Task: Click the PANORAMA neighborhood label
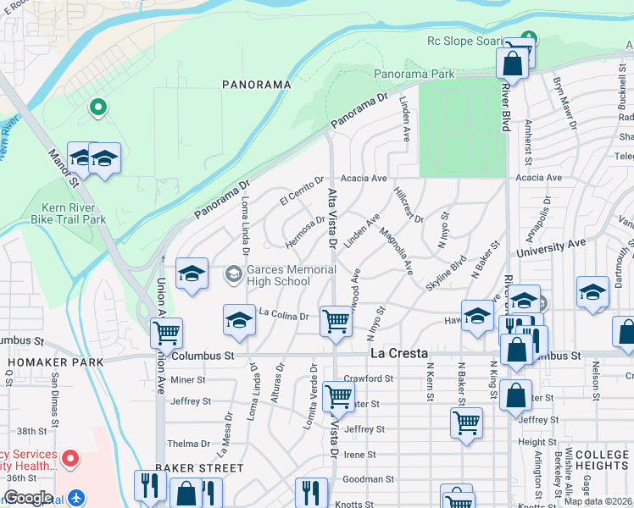click(256, 85)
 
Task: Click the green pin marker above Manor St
click(98, 108)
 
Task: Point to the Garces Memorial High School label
click(279, 275)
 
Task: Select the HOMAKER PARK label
click(55, 362)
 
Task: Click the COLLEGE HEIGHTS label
click(602, 461)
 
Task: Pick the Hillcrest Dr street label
click(409, 205)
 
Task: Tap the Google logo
click(28, 497)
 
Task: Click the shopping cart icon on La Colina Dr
click(337, 322)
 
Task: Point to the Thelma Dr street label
click(188, 443)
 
